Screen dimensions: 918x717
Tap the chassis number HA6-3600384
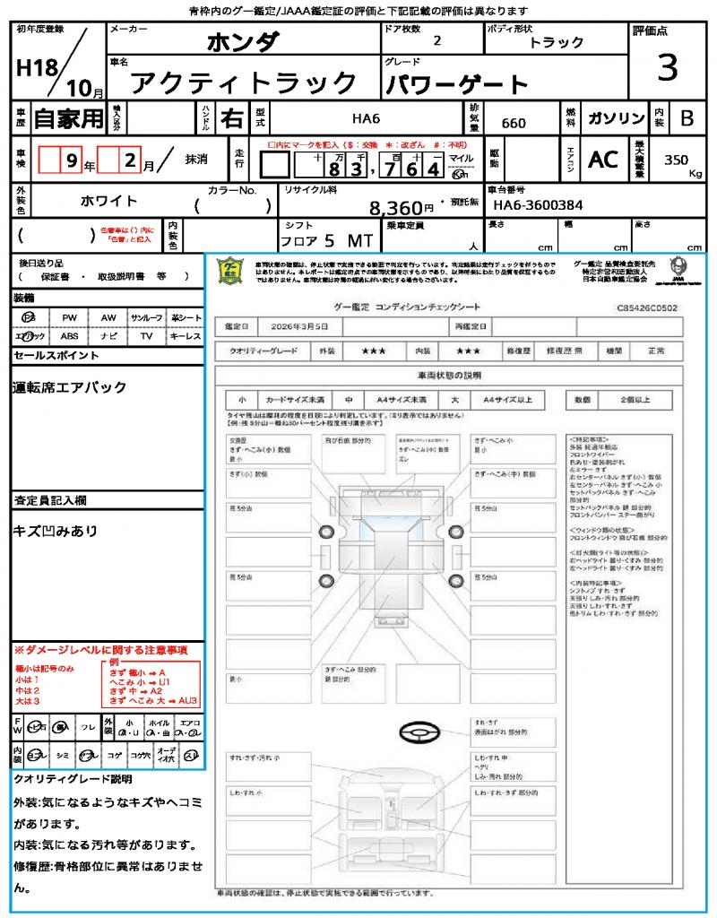click(x=538, y=205)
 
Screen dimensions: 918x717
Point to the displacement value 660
click(x=514, y=123)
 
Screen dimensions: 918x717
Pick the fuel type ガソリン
click(x=616, y=118)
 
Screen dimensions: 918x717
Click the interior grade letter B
click(x=687, y=118)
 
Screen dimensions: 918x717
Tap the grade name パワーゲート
click(x=457, y=85)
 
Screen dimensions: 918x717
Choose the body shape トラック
click(x=557, y=42)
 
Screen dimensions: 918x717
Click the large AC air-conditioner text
click(x=603, y=160)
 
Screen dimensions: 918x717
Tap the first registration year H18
click(x=36, y=68)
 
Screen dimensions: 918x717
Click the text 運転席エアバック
click(x=70, y=387)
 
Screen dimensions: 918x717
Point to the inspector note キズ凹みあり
click(x=56, y=531)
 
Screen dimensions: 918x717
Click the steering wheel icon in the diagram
click(x=419, y=732)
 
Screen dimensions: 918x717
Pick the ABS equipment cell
click(x=69, y=336)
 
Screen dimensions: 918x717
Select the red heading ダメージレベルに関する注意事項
click(x=105, y=649)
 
